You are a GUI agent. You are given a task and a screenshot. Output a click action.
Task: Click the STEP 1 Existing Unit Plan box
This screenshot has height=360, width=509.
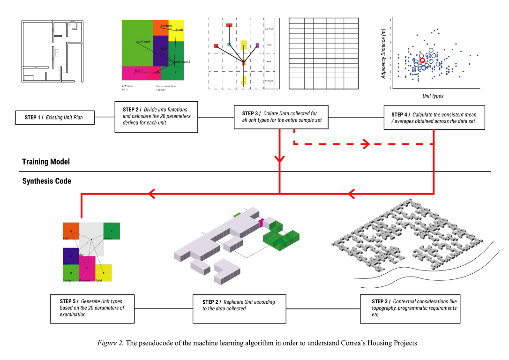click(53, 117)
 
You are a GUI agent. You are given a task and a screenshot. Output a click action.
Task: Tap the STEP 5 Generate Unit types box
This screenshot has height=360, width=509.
click(92, 308)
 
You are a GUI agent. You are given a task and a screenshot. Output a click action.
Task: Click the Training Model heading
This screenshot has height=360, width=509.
click(46, 162)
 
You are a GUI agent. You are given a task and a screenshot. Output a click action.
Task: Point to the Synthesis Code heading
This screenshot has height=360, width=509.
click(47, 181)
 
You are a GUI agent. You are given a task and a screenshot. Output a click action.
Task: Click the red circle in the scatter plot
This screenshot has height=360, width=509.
click(422, 60)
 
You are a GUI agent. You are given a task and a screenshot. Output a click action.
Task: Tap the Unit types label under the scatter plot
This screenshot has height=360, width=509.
click(433, 96)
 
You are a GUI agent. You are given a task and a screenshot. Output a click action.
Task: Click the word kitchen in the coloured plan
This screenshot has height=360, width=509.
click(166, 26)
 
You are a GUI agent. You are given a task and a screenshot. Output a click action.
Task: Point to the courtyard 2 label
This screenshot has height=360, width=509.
click(182, 61)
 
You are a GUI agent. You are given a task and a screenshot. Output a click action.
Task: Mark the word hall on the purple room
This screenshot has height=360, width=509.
click(163, 49)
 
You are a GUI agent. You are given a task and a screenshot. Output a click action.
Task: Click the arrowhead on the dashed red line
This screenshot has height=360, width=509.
click(365, 144)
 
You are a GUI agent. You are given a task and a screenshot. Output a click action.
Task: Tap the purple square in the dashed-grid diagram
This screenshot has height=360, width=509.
click(257, 45)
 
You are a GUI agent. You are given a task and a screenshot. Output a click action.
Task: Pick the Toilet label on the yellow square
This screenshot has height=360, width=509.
click(98, 280)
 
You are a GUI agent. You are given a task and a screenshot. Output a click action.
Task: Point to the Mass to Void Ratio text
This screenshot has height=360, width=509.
click(166, 86)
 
